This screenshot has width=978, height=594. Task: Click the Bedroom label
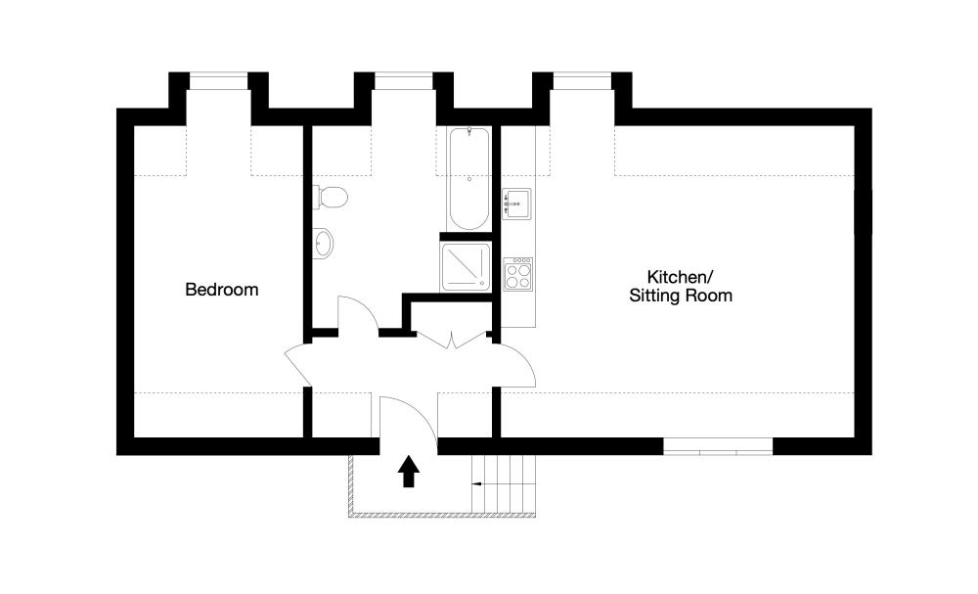click(221, 290)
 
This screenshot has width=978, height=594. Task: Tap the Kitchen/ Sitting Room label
click(681, 286)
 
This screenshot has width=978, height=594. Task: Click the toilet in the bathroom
click(330, 197)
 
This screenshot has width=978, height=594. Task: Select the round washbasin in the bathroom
click(323, 242)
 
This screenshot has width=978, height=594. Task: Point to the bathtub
click(469, 179)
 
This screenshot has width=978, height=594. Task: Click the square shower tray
click(466, 267)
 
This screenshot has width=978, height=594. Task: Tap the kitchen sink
click(517, 204)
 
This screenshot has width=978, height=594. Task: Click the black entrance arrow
click(409, 471)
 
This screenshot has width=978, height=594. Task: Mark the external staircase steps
click(504, 483)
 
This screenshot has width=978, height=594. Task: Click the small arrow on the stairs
click(478, 483)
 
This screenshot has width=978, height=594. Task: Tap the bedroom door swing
click(298, 364)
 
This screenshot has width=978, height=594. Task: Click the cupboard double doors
click(452, 340)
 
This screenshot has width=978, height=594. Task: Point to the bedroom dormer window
click(218, 81)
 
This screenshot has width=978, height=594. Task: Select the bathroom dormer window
click(404, 81)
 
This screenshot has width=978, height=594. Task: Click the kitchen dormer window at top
click(582, 81)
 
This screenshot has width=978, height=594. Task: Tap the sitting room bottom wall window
click(718, 446)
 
